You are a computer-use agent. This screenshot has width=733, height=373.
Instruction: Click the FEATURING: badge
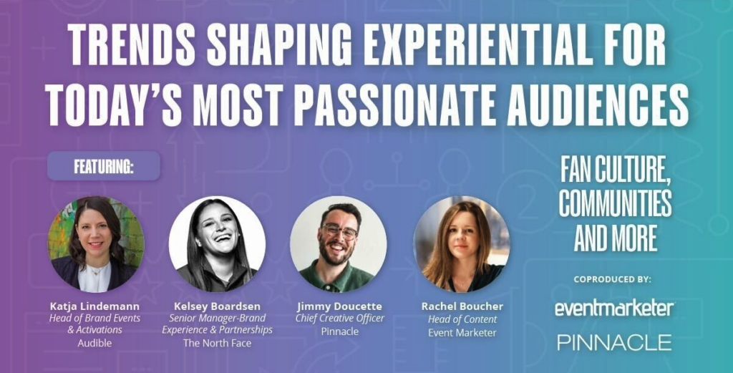point(104,166)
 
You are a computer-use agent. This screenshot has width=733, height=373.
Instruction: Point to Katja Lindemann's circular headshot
point(97,244)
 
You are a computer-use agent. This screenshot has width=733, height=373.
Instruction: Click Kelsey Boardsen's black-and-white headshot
point(218,244)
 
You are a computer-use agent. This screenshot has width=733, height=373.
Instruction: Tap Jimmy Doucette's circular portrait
point(339,244)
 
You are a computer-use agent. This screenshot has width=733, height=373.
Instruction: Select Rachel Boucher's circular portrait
point(462,244)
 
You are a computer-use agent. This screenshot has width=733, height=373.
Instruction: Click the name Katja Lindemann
point(95,306)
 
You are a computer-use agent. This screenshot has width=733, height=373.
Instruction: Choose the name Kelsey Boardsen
point(218,306)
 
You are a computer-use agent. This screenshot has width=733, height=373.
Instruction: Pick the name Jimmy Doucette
point(340,306)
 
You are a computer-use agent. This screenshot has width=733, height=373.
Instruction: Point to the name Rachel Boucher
point(462,306)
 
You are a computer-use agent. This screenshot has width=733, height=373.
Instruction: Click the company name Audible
point(95,344)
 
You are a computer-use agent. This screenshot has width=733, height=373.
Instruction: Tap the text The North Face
point(218,344)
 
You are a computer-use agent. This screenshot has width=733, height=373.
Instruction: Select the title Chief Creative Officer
point(340,319)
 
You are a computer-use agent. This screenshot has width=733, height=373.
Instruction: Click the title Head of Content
point(462,320)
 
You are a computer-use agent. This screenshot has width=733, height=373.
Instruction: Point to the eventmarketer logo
point(615,309)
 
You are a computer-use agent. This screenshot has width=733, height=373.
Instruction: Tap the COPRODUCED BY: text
point(613,280)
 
